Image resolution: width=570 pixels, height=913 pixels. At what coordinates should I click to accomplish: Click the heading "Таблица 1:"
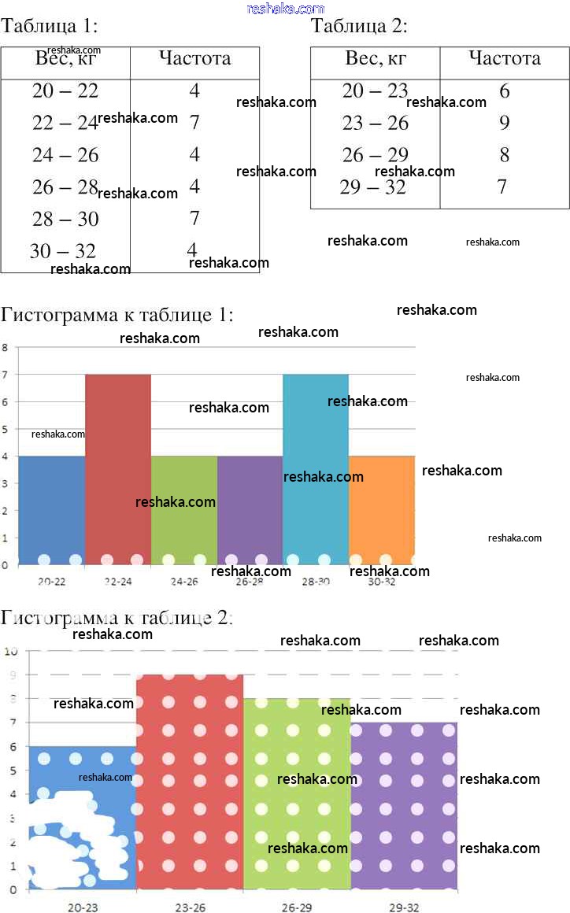(x=50, y=27)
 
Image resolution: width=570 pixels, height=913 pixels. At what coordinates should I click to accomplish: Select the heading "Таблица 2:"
(x=360, y=27)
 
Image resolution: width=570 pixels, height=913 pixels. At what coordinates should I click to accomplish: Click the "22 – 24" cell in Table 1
(x=65, y=123)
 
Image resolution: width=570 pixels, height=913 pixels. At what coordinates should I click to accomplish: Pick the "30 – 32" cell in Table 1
(x=63, y=251)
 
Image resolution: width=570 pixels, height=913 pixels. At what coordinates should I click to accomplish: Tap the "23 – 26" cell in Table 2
(x=376, y=123)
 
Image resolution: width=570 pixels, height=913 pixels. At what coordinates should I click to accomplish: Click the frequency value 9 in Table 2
(x=504, y=123)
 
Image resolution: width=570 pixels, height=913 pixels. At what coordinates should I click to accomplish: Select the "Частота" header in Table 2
(x=505, y=58)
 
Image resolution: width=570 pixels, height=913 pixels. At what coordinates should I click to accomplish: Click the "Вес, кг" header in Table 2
(x=376, y=58)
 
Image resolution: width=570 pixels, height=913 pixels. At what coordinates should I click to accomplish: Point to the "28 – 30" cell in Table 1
(x=65, y=219)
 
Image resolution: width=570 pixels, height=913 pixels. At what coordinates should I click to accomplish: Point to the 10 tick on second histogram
(x=11, y=651)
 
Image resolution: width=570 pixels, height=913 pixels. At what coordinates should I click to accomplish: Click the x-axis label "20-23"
(x=83, y=907)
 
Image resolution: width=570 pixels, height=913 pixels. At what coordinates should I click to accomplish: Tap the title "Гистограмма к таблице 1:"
(x=117, y=316)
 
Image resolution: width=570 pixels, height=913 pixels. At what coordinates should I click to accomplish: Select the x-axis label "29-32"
(x=404, y=907)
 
